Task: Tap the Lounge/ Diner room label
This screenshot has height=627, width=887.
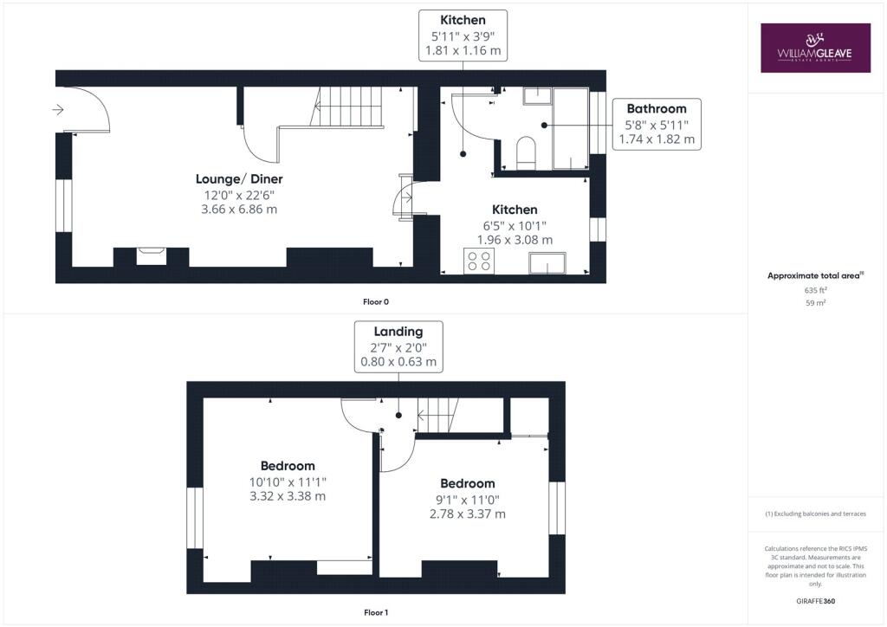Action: click(239, 179)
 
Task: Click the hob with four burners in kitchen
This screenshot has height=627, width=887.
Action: click(477, 261)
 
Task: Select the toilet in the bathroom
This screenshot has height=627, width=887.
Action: click(526, 153)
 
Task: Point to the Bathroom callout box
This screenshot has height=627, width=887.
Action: click(656, 124)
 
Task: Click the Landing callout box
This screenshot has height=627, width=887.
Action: click(398, 346)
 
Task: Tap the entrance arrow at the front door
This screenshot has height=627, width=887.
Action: click(58, 110)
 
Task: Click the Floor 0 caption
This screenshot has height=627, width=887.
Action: click(376, 302)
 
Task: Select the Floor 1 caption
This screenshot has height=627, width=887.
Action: click(376, 613)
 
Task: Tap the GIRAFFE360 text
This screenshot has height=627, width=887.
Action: click(816, 601)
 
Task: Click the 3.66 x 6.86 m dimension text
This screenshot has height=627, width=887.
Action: click(239, 210)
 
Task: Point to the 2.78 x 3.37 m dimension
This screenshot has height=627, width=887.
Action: click(468, 514)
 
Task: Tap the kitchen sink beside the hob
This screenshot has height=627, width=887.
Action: click(547, 262)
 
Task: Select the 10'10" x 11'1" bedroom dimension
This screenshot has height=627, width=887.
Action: click(288, 482)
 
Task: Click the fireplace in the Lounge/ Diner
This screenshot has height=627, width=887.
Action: click(151, 255)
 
